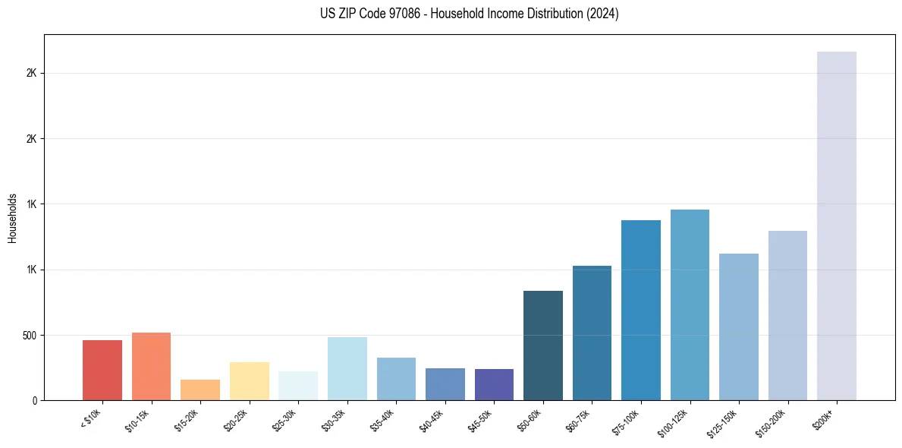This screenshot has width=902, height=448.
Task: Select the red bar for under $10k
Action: coord(102,370)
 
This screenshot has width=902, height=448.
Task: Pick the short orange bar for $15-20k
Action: coord(200,390)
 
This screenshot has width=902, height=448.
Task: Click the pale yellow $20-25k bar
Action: coord(249,381)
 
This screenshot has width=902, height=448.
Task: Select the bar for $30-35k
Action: coord(347,368)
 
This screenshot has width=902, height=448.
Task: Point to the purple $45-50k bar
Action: coord(494,384)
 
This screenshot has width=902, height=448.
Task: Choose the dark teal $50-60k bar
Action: coord(543,345)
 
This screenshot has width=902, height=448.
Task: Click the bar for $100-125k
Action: coord(690,304)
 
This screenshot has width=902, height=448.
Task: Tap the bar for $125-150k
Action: coord(739,327)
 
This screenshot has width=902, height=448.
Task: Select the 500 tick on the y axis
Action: coord(31,335)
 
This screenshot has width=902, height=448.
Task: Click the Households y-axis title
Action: coord(12,218)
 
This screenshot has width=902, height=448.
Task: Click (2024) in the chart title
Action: coord(603,14)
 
